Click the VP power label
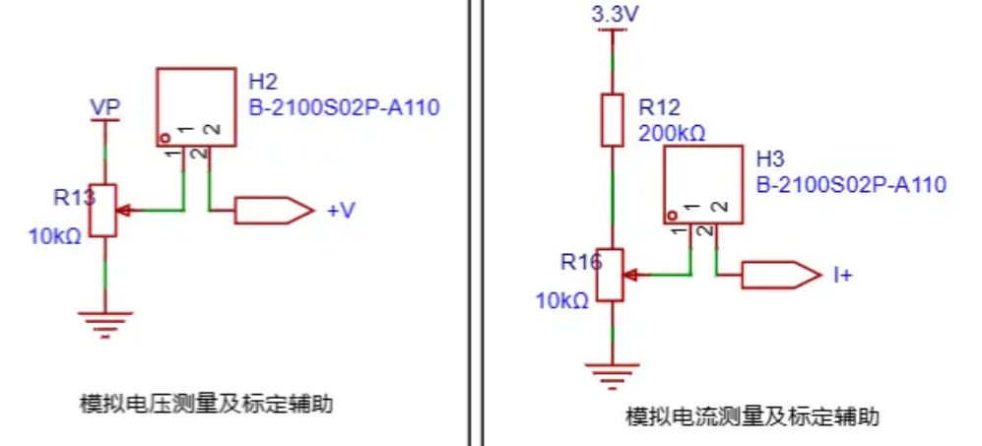pyautogui.click(x=104, y=107)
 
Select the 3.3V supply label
pyautogui.click(x=615, y=15)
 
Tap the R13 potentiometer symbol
pyautogui.click(x=102, y=211)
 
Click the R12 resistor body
pyautogui.click(x=613, y=120)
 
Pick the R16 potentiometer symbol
pyautogui.click(x=610, y=275)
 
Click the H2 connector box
pyautogui.click(x=196, y=107)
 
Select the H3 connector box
pyautogui.click(x=703, y=185)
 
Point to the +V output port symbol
pyautogui.click(x=274, y=211)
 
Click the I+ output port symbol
pyautogui.click(x=781, y=275)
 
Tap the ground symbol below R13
pyautogui.click(x=104, y=324)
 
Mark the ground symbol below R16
pyautogui.click(x=613, y=376)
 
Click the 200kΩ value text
pyautogui.click(x=672, y=134)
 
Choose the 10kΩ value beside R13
pyautogui.click(x=55, y=236)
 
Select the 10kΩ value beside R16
pyautogui.click(x=562, y=301)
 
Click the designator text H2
pyautogui.click(x=263, y=82)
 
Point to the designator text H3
pyautogui.click(x=770, y=159)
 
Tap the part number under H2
pyautogui.click(x=345, y=107)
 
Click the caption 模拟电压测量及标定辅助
pyautogui.click(x=206, y=404)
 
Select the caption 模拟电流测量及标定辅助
pyautogui.click(x=753, y=415)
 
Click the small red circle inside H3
pyautogui.click(x=672, y=216)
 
